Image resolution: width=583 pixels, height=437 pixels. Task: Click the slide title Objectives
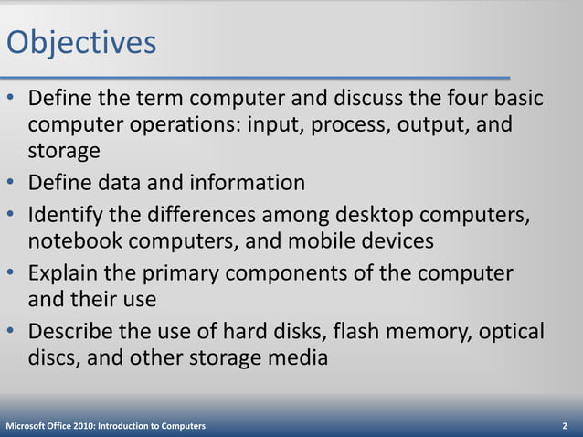[80, 42]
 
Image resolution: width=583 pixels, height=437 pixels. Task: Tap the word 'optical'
[512, 331]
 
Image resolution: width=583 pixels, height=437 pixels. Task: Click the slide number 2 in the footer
[566, 426]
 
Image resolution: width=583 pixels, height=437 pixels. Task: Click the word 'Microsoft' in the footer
[26, 426]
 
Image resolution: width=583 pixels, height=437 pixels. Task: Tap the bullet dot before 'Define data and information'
[11, 183]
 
